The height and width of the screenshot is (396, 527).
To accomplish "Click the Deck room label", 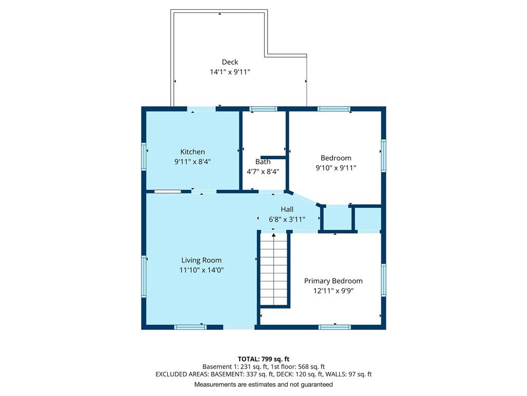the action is click(x=230, y=62).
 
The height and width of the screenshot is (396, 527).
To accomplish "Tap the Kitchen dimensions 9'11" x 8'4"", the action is click(x=192, y=161).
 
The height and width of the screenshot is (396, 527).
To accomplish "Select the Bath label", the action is click(x=263, y=161).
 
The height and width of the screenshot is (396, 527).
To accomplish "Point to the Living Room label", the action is click(x=201, y=260).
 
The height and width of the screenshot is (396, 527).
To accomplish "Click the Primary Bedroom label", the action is click(x=333, y=281).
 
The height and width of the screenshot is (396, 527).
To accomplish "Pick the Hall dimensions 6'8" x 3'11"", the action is click(x=287, y=220).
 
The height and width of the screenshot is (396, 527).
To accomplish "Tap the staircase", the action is click(x=274, y=269).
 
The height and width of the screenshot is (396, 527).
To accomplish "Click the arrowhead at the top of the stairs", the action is click(x=274, y=235).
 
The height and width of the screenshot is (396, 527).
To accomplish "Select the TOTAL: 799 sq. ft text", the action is click(x=263, y=359).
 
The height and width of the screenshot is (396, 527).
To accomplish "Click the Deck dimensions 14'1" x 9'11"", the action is click(x=230, y=72).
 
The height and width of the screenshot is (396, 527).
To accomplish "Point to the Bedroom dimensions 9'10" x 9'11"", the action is click(x=336, y=168).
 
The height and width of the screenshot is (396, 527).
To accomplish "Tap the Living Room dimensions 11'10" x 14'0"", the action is click(x=201, y=270).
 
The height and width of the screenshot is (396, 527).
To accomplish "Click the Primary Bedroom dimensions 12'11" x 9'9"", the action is click(x=333, y=291).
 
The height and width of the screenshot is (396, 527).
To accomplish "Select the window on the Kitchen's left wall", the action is click(x=144, y=157).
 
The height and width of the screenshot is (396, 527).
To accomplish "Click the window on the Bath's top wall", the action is click(x=263, y=109).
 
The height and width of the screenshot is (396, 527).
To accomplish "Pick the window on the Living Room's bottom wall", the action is click(x=190, y=327).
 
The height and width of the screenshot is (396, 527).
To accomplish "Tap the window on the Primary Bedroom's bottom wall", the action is click(x=335, y=327).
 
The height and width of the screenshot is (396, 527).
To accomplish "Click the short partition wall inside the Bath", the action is click(x=273, y=157).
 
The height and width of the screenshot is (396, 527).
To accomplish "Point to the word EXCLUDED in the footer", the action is click(x=171, y=374).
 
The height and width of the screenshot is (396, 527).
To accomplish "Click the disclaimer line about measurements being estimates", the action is click(x=263, y=384).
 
